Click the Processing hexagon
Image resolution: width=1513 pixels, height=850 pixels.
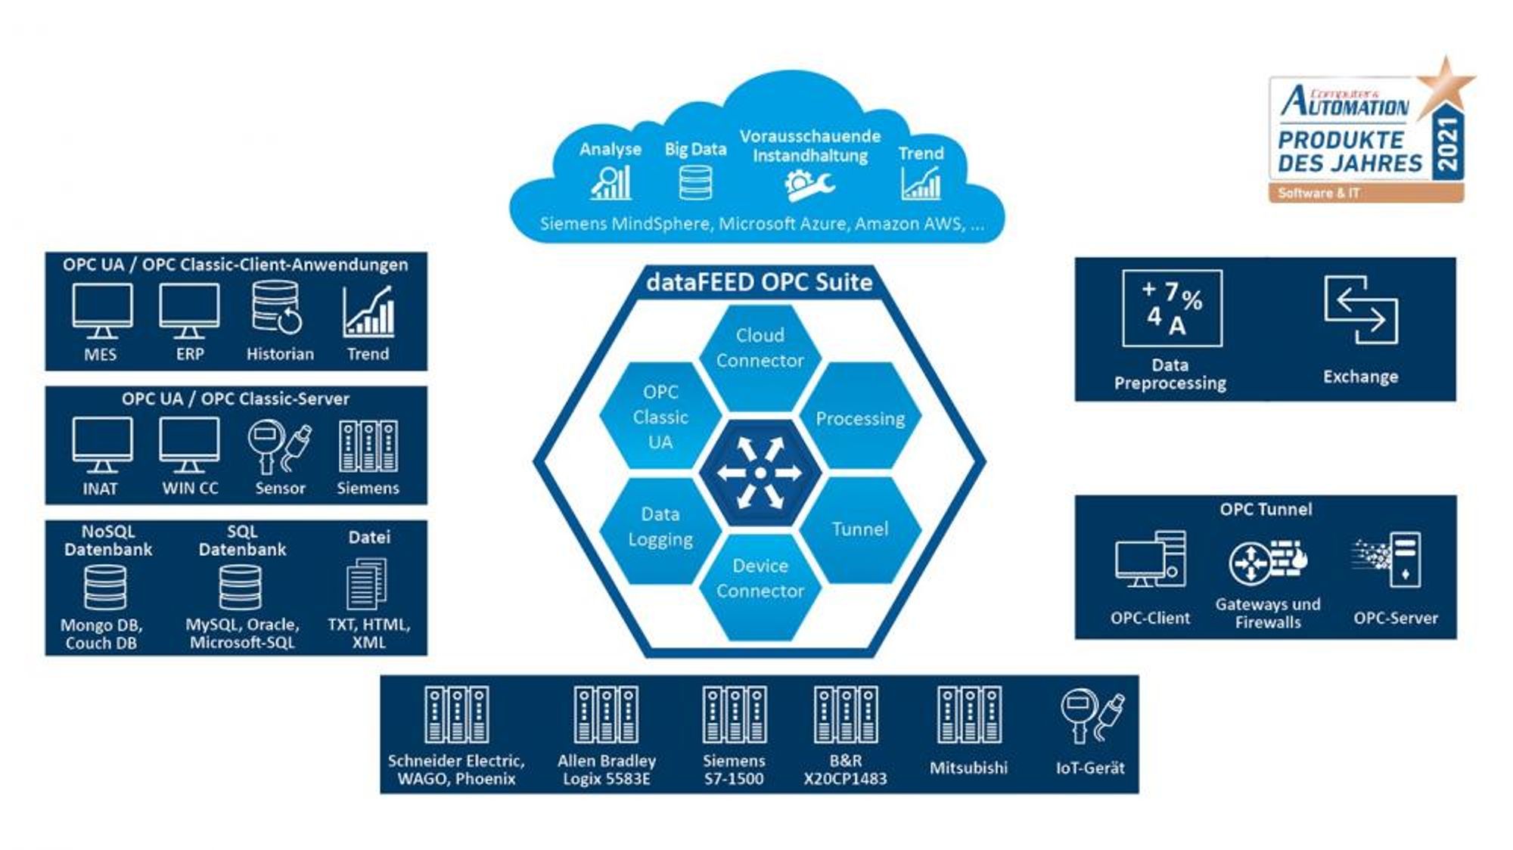(x=860, y=415)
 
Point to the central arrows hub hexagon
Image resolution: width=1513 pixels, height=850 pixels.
(x=760, y=473)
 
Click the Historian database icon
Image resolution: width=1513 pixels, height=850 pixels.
(x=277, y=308)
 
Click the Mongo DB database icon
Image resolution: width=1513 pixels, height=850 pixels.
(x=105, y=588)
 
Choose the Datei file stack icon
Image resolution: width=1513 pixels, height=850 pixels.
(x=367, y=584)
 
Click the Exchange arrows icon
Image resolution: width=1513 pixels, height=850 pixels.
(x=1361, y=309)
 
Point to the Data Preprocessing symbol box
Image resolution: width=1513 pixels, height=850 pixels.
(x=1172, y=308)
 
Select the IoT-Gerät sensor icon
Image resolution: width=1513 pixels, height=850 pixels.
(x=1092, y=715)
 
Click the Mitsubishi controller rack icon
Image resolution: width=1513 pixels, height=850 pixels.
(x=969, y=715)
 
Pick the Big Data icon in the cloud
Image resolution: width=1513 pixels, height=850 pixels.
(x=695, y=182)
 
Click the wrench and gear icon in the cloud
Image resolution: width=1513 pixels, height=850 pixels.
(x=808, y=185)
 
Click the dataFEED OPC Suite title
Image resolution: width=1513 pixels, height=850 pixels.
(x=760, y=282)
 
